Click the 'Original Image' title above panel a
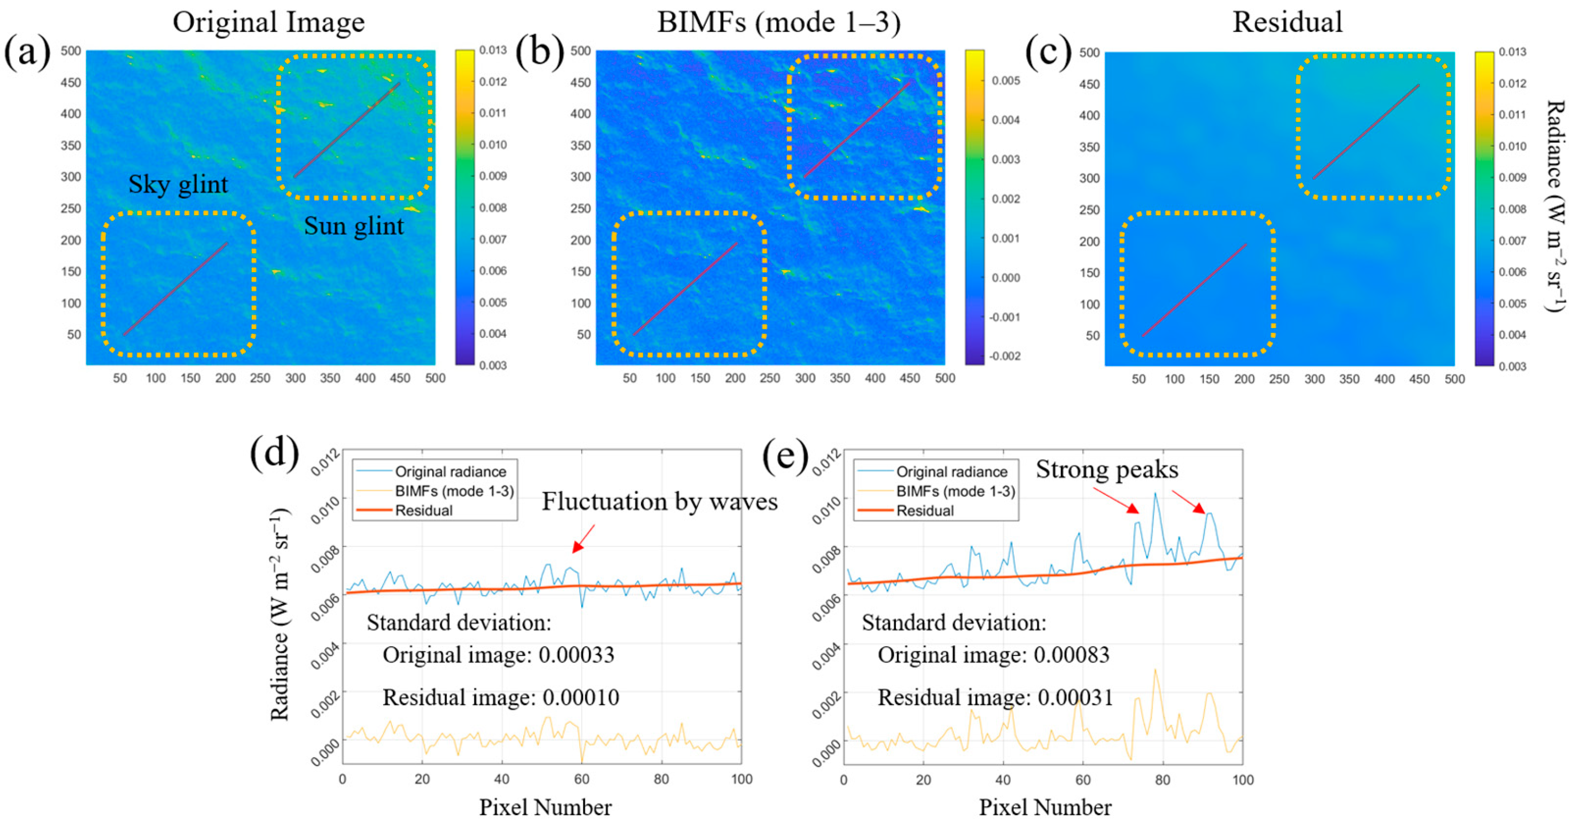268,22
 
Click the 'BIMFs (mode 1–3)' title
779,22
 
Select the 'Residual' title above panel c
1287,22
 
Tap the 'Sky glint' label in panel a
178,184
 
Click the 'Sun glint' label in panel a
353,226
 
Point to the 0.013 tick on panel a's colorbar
492,50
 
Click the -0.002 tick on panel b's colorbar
1004,356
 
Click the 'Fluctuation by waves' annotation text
659,502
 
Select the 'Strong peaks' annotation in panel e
1107,470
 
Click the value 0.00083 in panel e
1071,655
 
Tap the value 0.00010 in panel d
580,698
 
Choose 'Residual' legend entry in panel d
424,511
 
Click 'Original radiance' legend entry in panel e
951,471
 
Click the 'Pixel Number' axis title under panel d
545,807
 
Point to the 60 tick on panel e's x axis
1083,780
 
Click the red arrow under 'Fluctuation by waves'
583,539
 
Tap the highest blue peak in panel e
1154,494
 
